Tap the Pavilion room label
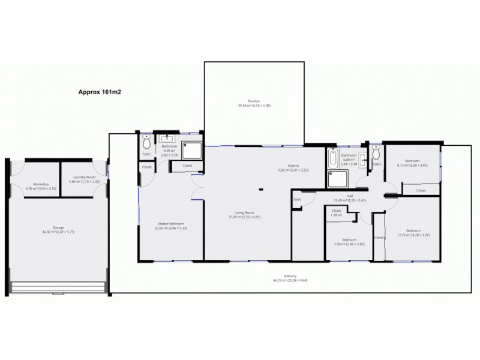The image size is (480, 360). [254, 103]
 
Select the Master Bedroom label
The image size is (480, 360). [171, 226]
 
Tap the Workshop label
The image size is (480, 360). [41, 186]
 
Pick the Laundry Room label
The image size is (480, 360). [83, 179]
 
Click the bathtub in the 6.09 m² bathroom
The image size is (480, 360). [333, 159]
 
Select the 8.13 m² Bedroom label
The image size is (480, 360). [412, 163]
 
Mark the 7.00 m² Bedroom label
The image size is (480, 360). [349, 242]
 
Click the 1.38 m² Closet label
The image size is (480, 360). [336, 213]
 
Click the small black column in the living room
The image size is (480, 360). [261, 190]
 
